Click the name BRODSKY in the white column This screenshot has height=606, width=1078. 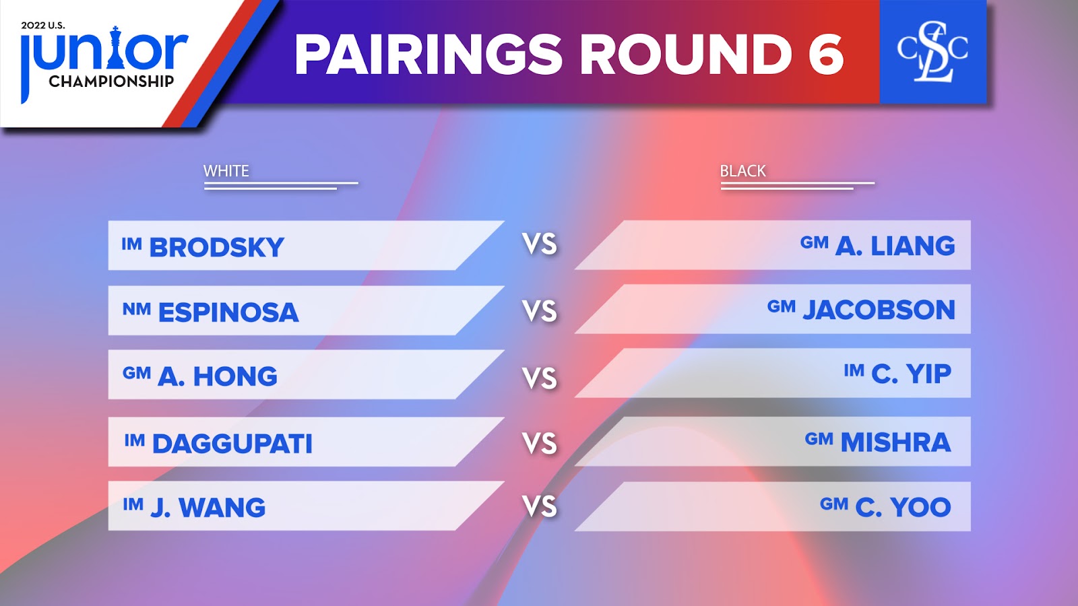(x=216, y=247)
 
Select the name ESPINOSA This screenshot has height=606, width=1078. (x=228, y=312)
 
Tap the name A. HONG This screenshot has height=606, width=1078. (x=218, y=376)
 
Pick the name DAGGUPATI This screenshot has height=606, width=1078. (x=232, y=444)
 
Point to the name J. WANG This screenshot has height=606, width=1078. (x=208, y=508)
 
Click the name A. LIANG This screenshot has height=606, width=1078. (x=895, y=246)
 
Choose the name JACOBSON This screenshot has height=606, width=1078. (x=879, y=310)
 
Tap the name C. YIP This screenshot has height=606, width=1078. (x=912, y=374)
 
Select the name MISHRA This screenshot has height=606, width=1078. (x=895, y=442)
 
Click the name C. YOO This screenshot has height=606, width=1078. (x=903, y=507)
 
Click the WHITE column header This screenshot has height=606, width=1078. (x=226, y=171)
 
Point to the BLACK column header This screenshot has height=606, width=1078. (x=742, y=171)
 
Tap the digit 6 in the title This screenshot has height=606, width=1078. (x=825, y=55)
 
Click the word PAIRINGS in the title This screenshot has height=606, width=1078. (x=429, y=55)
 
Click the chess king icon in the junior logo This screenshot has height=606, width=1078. (x=115, y=47)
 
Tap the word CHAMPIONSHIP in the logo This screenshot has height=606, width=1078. (x=111, y=81)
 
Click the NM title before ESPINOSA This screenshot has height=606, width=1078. (x=137, y=309)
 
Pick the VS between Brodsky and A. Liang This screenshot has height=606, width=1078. (x=540, y=244)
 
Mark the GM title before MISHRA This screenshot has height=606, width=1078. (x=819, y=438)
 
